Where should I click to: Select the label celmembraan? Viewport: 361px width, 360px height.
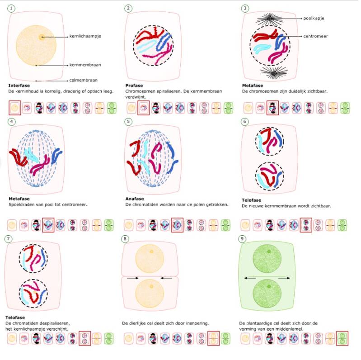[x=83, y=80]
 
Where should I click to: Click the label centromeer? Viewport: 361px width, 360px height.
[x=315, y=36]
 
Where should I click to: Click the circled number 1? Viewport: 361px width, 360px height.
[x=11, y=9]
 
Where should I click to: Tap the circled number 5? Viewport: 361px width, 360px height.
[x=129, y=122]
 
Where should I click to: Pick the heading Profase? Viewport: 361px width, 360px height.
[x=134, y=85]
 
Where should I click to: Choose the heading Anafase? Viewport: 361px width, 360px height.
[x=135, y=199]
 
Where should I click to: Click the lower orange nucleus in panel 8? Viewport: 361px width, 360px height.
[x=152, y=296]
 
